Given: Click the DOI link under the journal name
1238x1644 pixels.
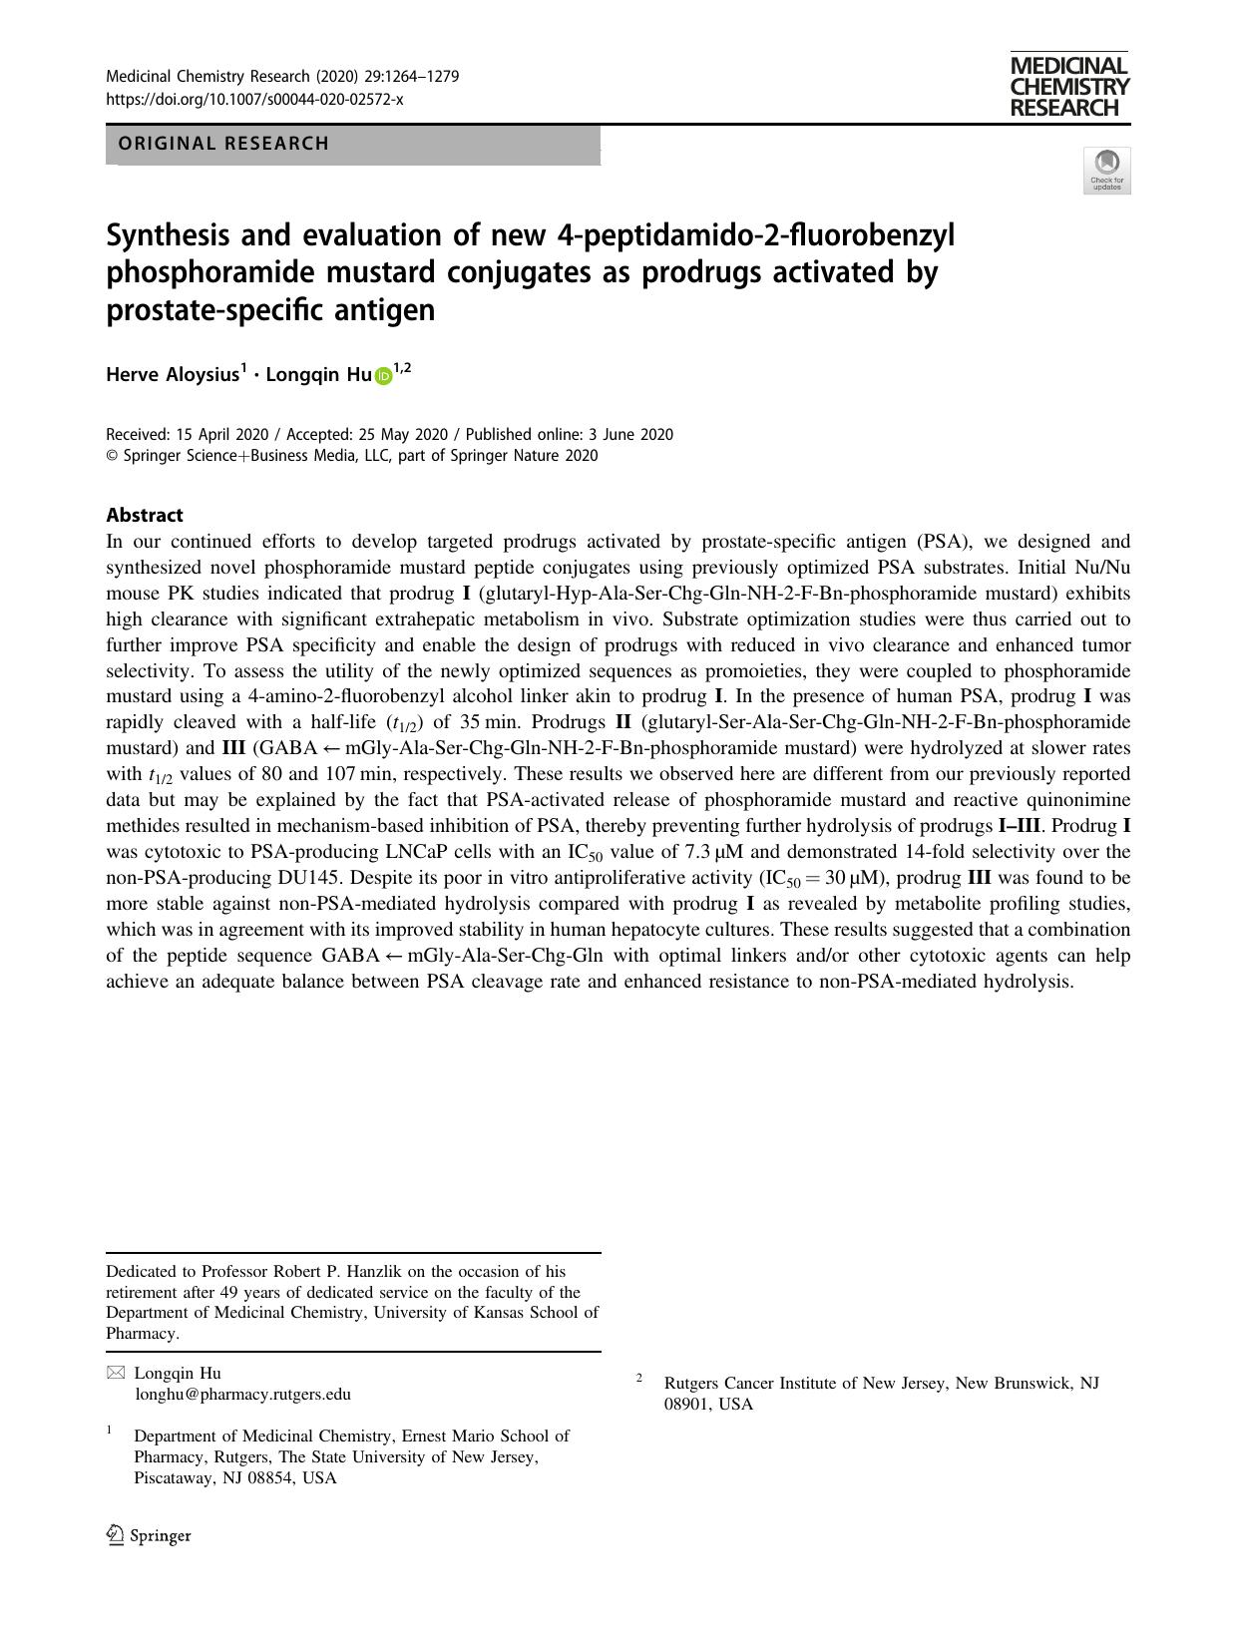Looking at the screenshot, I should (x=254, y=100).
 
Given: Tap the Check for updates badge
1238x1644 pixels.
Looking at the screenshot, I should (x=1106, y=171).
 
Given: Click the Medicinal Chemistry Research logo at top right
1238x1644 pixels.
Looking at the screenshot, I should (x=1068, y=87).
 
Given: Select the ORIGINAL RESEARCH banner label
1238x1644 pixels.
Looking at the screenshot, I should (x=223, y=144).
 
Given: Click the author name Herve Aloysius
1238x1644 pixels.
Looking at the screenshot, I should (x=173, y=375).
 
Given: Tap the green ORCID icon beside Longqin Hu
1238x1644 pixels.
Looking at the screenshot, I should (x=383, y=376).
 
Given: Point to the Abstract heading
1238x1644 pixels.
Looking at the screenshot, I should (x=145, y=515).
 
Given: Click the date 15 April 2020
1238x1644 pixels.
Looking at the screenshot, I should (x=222, y=434).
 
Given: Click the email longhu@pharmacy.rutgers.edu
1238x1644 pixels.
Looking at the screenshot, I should (x=242, y=1394).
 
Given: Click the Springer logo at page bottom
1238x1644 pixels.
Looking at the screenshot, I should (x=149, y=1535).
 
